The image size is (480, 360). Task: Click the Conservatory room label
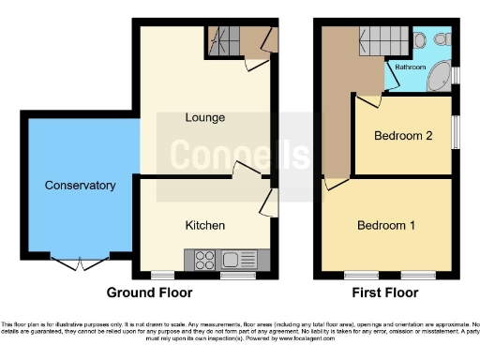coord(80,186)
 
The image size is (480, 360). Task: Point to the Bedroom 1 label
coord(385,226)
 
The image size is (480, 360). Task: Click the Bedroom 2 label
coord(403,136)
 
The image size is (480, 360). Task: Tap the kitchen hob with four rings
coord(205,259)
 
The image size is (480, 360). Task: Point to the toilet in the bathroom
coord(440,40)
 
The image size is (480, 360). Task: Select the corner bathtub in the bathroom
coord(437,79)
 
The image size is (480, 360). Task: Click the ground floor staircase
coord(226,41)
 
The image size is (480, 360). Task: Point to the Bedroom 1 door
coord(334,185)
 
